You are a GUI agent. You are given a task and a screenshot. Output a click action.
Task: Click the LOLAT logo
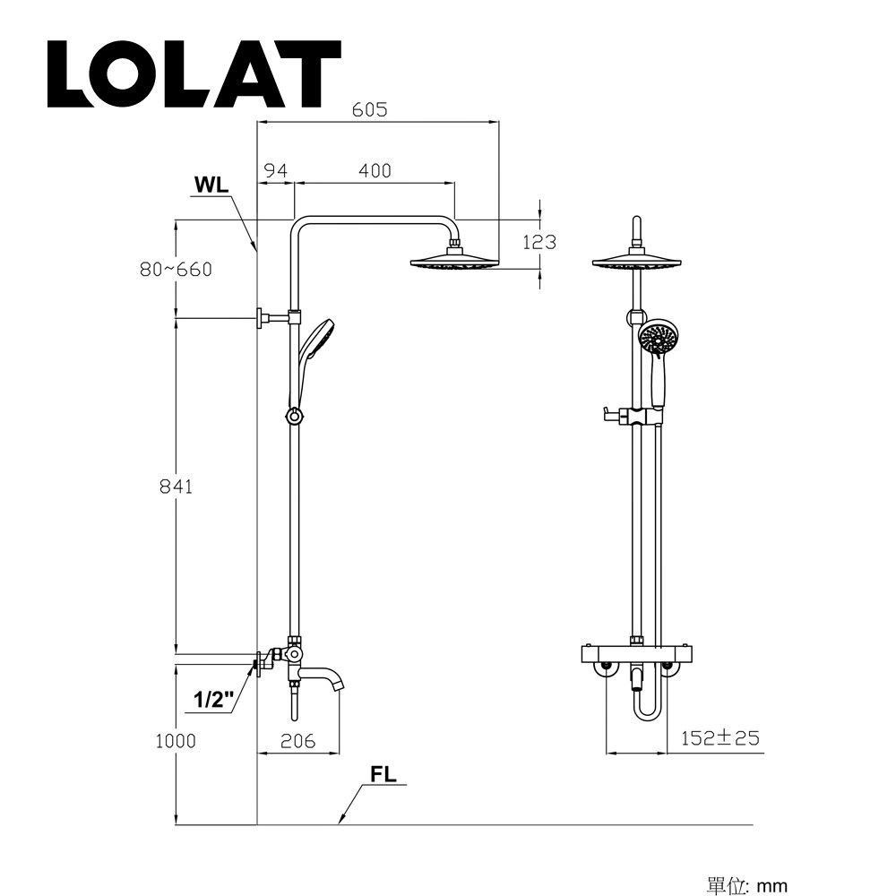(194, 74)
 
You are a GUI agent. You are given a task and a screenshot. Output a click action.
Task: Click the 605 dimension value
(369, 110)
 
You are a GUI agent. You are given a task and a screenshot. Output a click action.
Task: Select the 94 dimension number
(275, 170)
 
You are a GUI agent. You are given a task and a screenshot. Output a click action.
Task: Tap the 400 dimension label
(375, 170)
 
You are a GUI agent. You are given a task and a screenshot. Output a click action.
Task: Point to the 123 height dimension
(539, 242)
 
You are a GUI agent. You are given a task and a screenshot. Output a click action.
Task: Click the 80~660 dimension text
(177, 270)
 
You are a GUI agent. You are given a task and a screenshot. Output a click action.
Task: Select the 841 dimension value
(176, 487)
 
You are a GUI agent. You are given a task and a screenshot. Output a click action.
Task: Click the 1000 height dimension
(175, 741)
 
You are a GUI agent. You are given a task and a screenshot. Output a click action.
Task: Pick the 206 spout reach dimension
(297, 741)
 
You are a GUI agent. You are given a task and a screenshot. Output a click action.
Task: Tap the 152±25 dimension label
(719, 738)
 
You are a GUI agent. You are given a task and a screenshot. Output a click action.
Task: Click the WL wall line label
(211, 185)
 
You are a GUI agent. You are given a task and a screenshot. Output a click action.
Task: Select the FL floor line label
(383, 775)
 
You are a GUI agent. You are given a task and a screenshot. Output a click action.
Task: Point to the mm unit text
(772, 886)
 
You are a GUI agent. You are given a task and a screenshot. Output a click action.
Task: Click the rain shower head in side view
(453, 263)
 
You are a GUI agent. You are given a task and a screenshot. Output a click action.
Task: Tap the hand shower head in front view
(660, 340)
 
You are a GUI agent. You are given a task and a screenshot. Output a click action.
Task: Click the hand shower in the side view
(315, 342)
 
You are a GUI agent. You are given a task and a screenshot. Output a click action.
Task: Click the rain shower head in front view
(635, 262)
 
